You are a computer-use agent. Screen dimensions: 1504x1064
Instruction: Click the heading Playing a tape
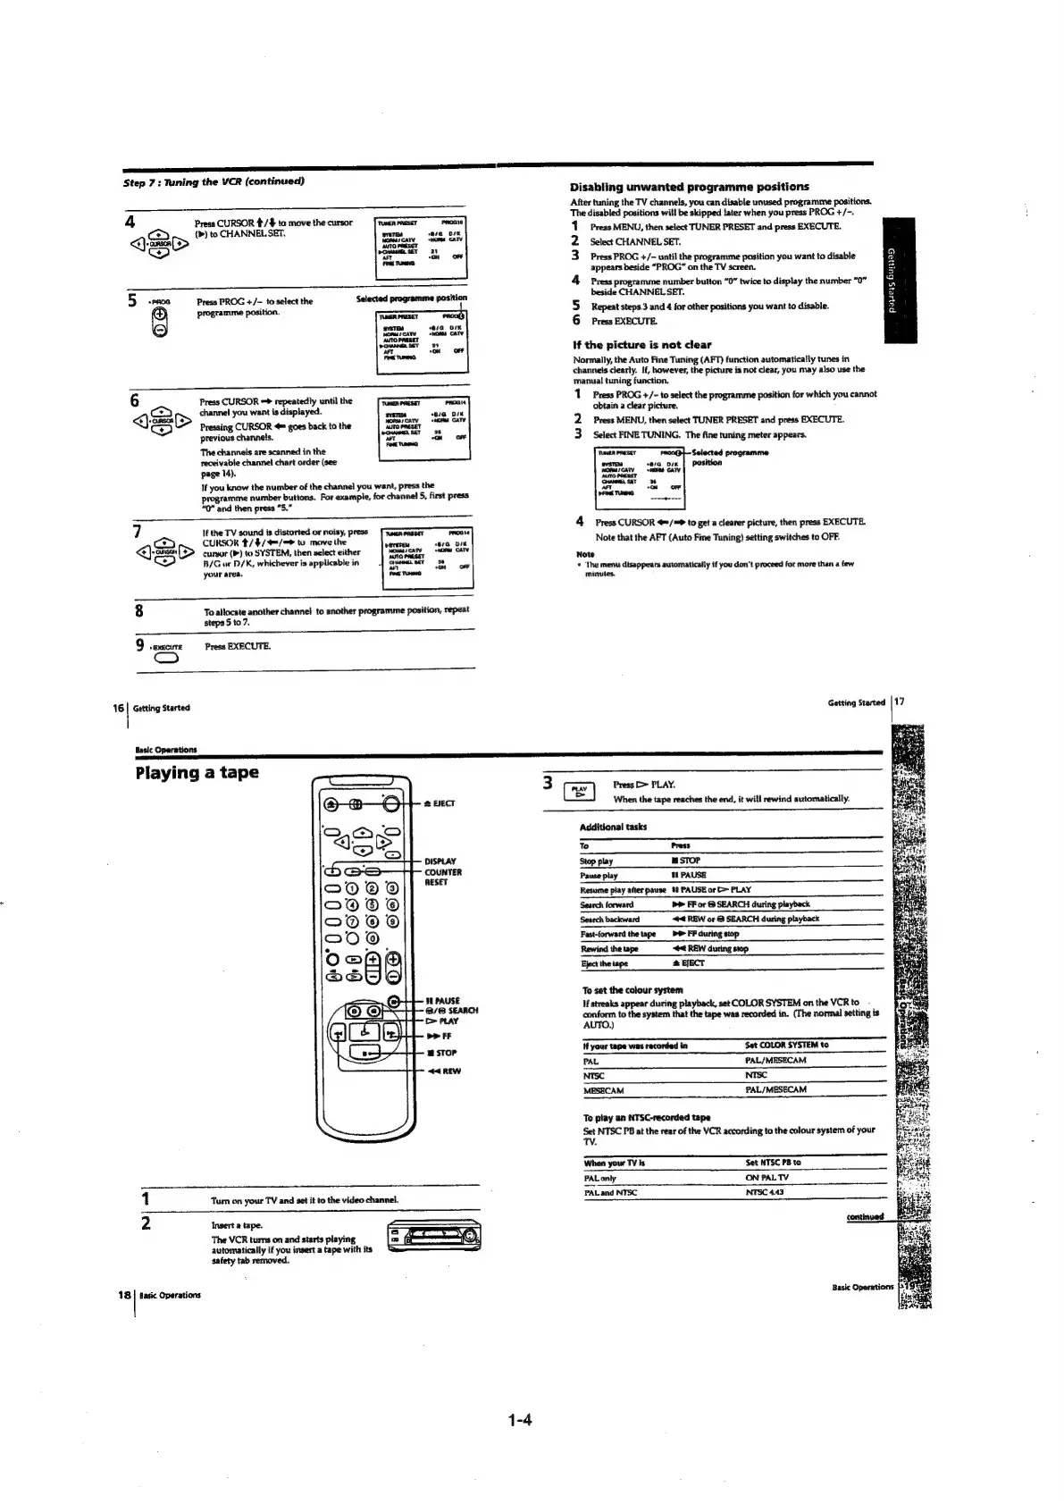click(197, 772)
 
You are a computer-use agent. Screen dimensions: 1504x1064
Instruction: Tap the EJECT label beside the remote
click(444, 802)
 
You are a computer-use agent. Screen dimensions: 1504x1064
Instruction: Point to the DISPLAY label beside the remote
click(440, 861)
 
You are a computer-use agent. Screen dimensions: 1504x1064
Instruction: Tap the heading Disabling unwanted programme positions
click(689, 187)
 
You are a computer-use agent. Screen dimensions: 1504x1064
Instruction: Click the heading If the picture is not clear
click(641, 344)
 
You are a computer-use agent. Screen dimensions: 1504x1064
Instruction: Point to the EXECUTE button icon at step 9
click(167, 660)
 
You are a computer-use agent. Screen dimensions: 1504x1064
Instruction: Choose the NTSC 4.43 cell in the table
click(764, 1193)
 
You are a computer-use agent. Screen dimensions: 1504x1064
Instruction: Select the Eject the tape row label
click(604, 963)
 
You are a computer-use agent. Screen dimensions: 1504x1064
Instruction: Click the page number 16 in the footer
click(117, 707)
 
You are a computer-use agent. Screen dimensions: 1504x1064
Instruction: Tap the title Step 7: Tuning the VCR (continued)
click(214, 181)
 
